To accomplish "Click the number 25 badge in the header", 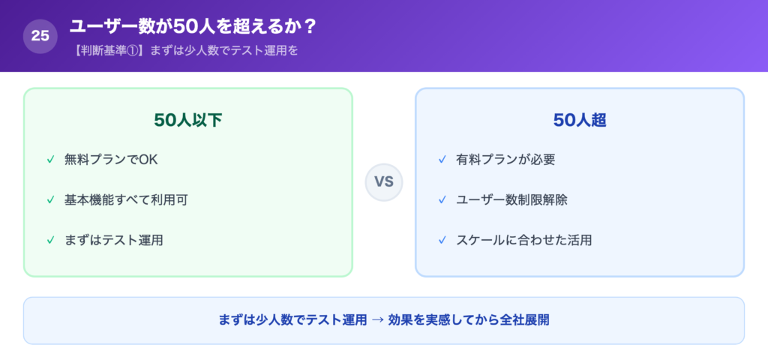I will coord(40,35).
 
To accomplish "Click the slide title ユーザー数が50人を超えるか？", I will coord(193,26).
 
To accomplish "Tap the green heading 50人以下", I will coord(187,121).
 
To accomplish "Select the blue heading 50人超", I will coord(579,121).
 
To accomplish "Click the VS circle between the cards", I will coord(384,182).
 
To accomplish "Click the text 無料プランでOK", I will coord(111,159).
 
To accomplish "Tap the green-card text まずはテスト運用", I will coord(114,240).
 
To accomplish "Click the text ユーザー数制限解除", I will coord(511,199).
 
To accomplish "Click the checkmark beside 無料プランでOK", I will coord(50,159).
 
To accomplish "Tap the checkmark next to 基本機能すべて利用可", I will coord(50,199).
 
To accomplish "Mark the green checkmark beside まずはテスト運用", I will coord(50,240).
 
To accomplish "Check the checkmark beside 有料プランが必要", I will coord(442,159).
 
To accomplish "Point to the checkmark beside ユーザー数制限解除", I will coord(442,199).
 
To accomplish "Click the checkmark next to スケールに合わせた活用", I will coord(442,240).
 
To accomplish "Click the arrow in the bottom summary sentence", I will coord(378,320).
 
